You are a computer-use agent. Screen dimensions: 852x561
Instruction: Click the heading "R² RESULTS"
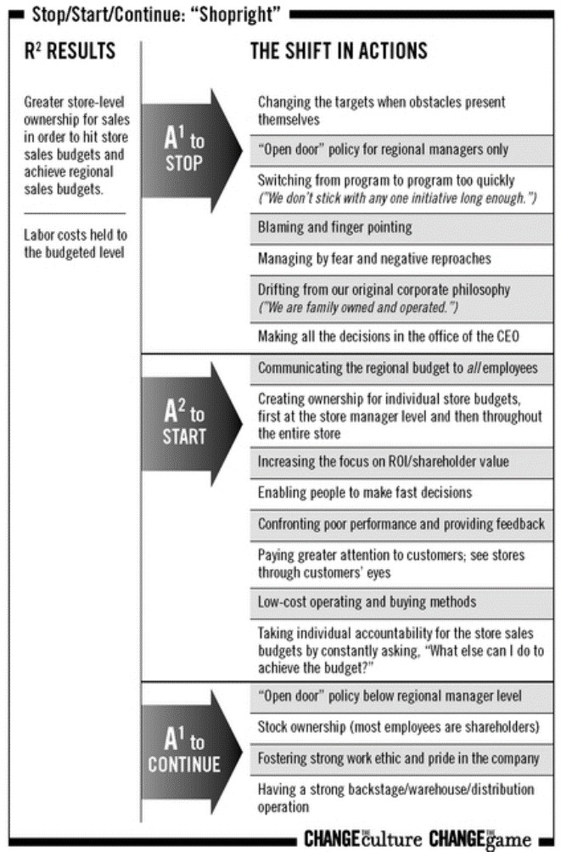pos(70,50)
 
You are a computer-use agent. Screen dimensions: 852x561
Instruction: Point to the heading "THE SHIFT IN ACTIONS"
pos(339,50)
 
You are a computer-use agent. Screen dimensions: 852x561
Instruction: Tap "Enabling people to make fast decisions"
pos(365,493)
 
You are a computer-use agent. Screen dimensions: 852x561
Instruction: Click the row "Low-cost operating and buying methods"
pos(367,602)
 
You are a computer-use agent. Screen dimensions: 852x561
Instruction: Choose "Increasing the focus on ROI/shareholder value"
pos(384,461)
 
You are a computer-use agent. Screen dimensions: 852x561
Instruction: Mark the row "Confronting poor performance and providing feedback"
pos(401,523)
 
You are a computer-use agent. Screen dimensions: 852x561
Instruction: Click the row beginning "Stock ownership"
pos(398,726)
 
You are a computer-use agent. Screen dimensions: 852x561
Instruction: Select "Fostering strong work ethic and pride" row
pos(398,758)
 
